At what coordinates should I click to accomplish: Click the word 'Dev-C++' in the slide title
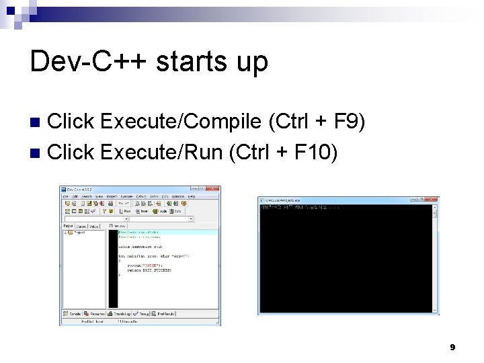coord(88,61)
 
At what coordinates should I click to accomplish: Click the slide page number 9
coord(452,347)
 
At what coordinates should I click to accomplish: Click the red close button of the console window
coord(434,200)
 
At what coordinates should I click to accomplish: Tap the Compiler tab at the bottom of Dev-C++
coord(73,313)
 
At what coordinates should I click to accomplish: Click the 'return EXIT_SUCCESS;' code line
coord(149,270)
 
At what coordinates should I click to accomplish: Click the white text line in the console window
coord(302,207)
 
